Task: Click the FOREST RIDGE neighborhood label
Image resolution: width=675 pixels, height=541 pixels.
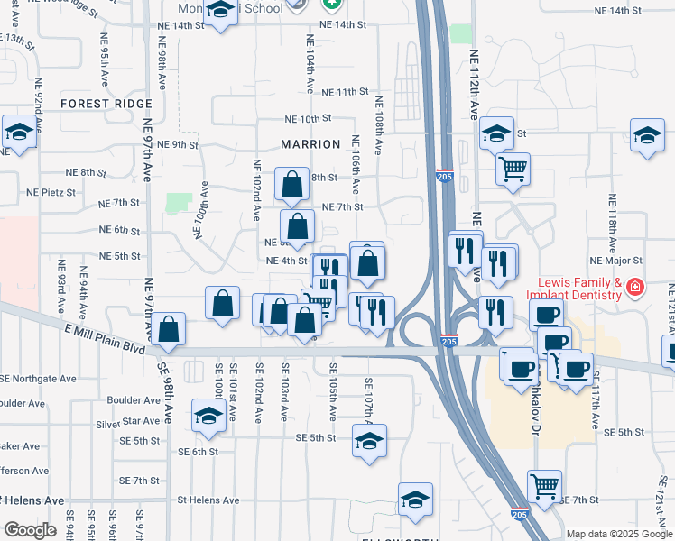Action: tap(106, 104)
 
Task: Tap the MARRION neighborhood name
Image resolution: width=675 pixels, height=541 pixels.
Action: tap(310, 144)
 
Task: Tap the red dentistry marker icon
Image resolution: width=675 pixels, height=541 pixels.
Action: tap(635, 288)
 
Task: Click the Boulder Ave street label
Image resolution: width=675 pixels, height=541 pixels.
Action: tap(133, 400)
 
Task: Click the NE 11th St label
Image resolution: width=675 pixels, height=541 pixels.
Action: tap(339, 92)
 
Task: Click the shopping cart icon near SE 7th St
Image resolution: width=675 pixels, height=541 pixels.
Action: tap(544, 486)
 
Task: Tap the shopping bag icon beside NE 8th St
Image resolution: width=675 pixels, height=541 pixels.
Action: tap(292, 184)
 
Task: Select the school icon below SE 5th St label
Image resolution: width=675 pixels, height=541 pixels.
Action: tap(368, 442)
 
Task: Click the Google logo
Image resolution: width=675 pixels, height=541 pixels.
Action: tap(31, 530)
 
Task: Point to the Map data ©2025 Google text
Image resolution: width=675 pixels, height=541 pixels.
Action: tap(618, 533)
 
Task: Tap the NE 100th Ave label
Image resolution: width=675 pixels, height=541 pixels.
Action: tap(201, 208)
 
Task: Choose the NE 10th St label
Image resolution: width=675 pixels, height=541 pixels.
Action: tap(309, 119)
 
